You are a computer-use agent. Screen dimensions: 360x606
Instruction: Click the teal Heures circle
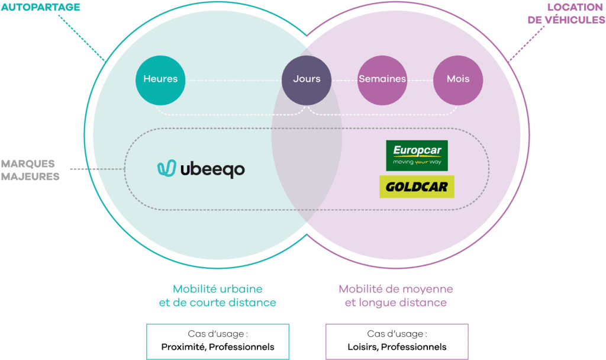tap(160, 79)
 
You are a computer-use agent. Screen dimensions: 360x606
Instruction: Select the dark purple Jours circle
tap(307, 79)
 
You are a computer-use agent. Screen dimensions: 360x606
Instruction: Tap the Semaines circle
tap(382, 79)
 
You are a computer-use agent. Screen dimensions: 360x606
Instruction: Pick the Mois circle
tap(458, 79)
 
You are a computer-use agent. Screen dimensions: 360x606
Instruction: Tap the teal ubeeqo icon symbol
tap(167, 169)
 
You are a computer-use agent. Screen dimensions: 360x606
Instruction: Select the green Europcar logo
tap(417, 155)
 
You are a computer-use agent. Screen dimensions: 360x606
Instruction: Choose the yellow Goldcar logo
tap(417, 187)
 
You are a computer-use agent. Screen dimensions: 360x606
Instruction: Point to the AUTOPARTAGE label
tap(40, 7)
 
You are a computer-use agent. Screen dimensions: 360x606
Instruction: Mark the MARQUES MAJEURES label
tap(30, 170)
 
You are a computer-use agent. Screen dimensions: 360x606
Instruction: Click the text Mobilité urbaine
tap(218, 289)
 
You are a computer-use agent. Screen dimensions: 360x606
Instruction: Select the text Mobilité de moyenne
tap(396, 289)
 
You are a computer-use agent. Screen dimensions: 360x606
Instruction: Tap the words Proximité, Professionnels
tap(218, 346)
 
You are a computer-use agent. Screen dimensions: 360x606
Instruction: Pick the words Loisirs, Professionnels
tap(397, 346)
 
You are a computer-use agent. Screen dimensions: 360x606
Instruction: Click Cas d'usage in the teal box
tap(218, 334)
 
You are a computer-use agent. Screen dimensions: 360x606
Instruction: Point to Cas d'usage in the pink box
tap(397, 334)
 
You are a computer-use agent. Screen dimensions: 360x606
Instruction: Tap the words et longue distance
tap(396, 303)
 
